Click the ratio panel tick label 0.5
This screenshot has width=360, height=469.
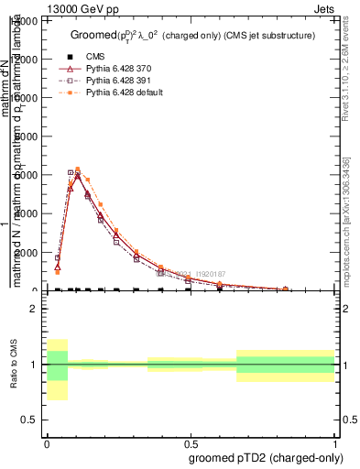coord(28,420)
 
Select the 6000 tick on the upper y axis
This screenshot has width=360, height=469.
coord(27,175)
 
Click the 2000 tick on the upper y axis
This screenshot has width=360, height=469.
coord(27,253)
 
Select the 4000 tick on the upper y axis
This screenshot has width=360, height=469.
coord(27,213)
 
